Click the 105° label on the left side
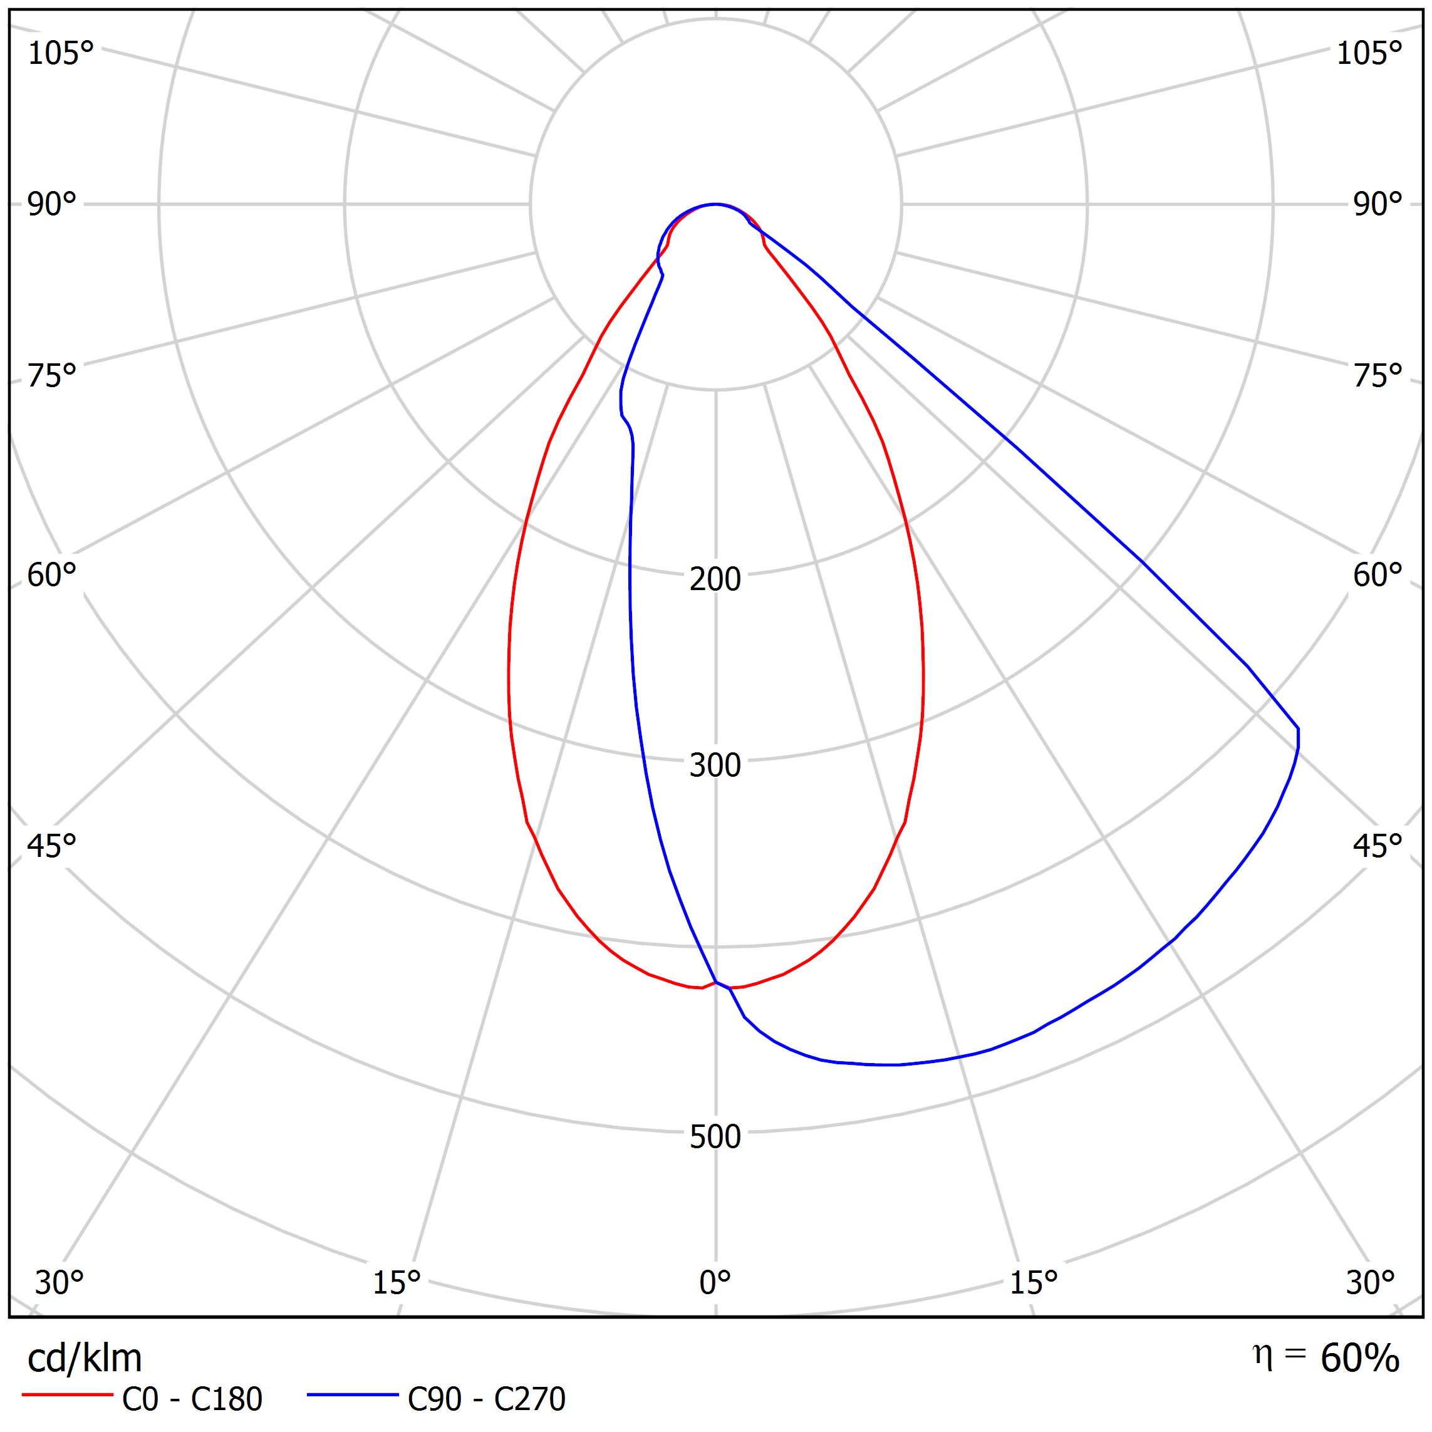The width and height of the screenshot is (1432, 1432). click(61, 53)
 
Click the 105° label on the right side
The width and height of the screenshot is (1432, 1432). click(1369, 53)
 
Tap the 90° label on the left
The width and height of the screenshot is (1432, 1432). click(52, 205)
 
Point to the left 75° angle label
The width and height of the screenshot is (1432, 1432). click(52, 376)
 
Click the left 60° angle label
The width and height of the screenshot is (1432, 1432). click(52, 575)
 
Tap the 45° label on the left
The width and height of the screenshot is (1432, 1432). click(52, 846)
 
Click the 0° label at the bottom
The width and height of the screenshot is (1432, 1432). click(715, 1282)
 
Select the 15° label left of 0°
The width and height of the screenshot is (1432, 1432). click(397, 1282)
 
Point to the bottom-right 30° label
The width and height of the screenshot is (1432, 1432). click(1371, 1282)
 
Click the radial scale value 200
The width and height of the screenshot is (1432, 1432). click(715, 579)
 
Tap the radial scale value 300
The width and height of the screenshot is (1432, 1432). click(715, 765)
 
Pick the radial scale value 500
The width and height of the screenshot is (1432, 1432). click(715, 1137)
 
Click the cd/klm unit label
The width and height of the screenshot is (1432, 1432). click(85, 1359)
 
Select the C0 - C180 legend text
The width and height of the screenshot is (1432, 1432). click(192, 1399)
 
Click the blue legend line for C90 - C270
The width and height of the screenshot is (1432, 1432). click(353, 1395)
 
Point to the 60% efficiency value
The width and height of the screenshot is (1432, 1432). click(1360, 1359)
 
